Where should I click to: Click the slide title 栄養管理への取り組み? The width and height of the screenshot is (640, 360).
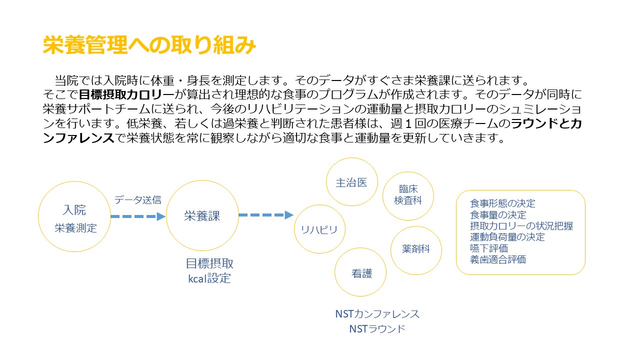click(x=149, y=45)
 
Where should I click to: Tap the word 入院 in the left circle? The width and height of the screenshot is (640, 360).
click(x=74, y=210)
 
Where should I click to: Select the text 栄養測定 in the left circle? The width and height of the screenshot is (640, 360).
click(x=75, y=228)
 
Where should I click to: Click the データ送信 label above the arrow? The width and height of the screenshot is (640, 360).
click(x=137, y=199)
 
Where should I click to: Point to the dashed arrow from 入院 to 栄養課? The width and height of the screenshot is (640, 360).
click(x=138, y=216)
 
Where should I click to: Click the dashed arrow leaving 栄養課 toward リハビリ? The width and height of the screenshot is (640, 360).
click(x=266, y=215)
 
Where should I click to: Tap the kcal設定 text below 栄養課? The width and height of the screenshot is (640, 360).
click(x=209, y=278)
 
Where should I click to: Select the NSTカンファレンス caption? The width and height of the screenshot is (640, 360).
click(x=377, y=314)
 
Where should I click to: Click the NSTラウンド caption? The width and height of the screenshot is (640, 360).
click(x=377, y=329)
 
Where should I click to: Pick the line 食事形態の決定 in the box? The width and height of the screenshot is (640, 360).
click(x=502, y=203)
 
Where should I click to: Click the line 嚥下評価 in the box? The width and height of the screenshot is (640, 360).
click(x=489, y=248)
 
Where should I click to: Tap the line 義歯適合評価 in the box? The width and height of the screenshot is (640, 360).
click(x=497, y=259)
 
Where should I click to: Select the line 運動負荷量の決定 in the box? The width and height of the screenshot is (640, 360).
click(x=507, y=237)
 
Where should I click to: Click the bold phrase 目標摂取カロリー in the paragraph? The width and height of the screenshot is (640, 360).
click(x=126, y=94)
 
